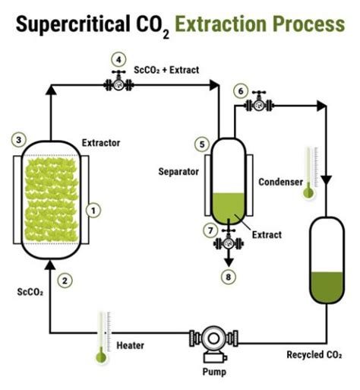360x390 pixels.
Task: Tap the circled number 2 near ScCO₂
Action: [x=66, y=280]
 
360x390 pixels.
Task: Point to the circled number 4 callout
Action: [x=117, y=58]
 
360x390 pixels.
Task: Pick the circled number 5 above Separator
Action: [x=201, y=143]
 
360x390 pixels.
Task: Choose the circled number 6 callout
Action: [x=242, y=90]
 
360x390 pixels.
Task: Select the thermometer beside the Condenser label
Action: [x=308, y=173]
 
